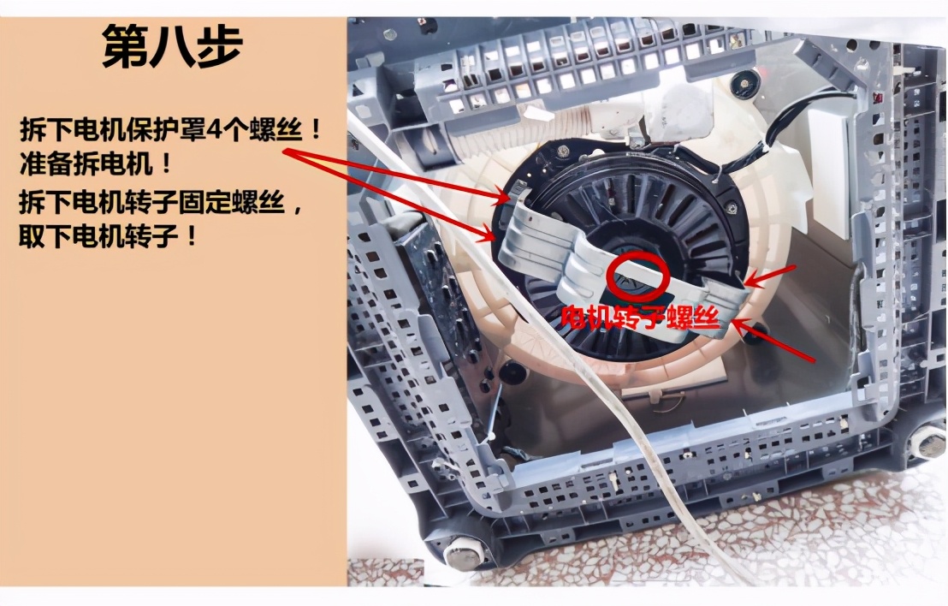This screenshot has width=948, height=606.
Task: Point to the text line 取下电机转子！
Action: coord(109,234)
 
